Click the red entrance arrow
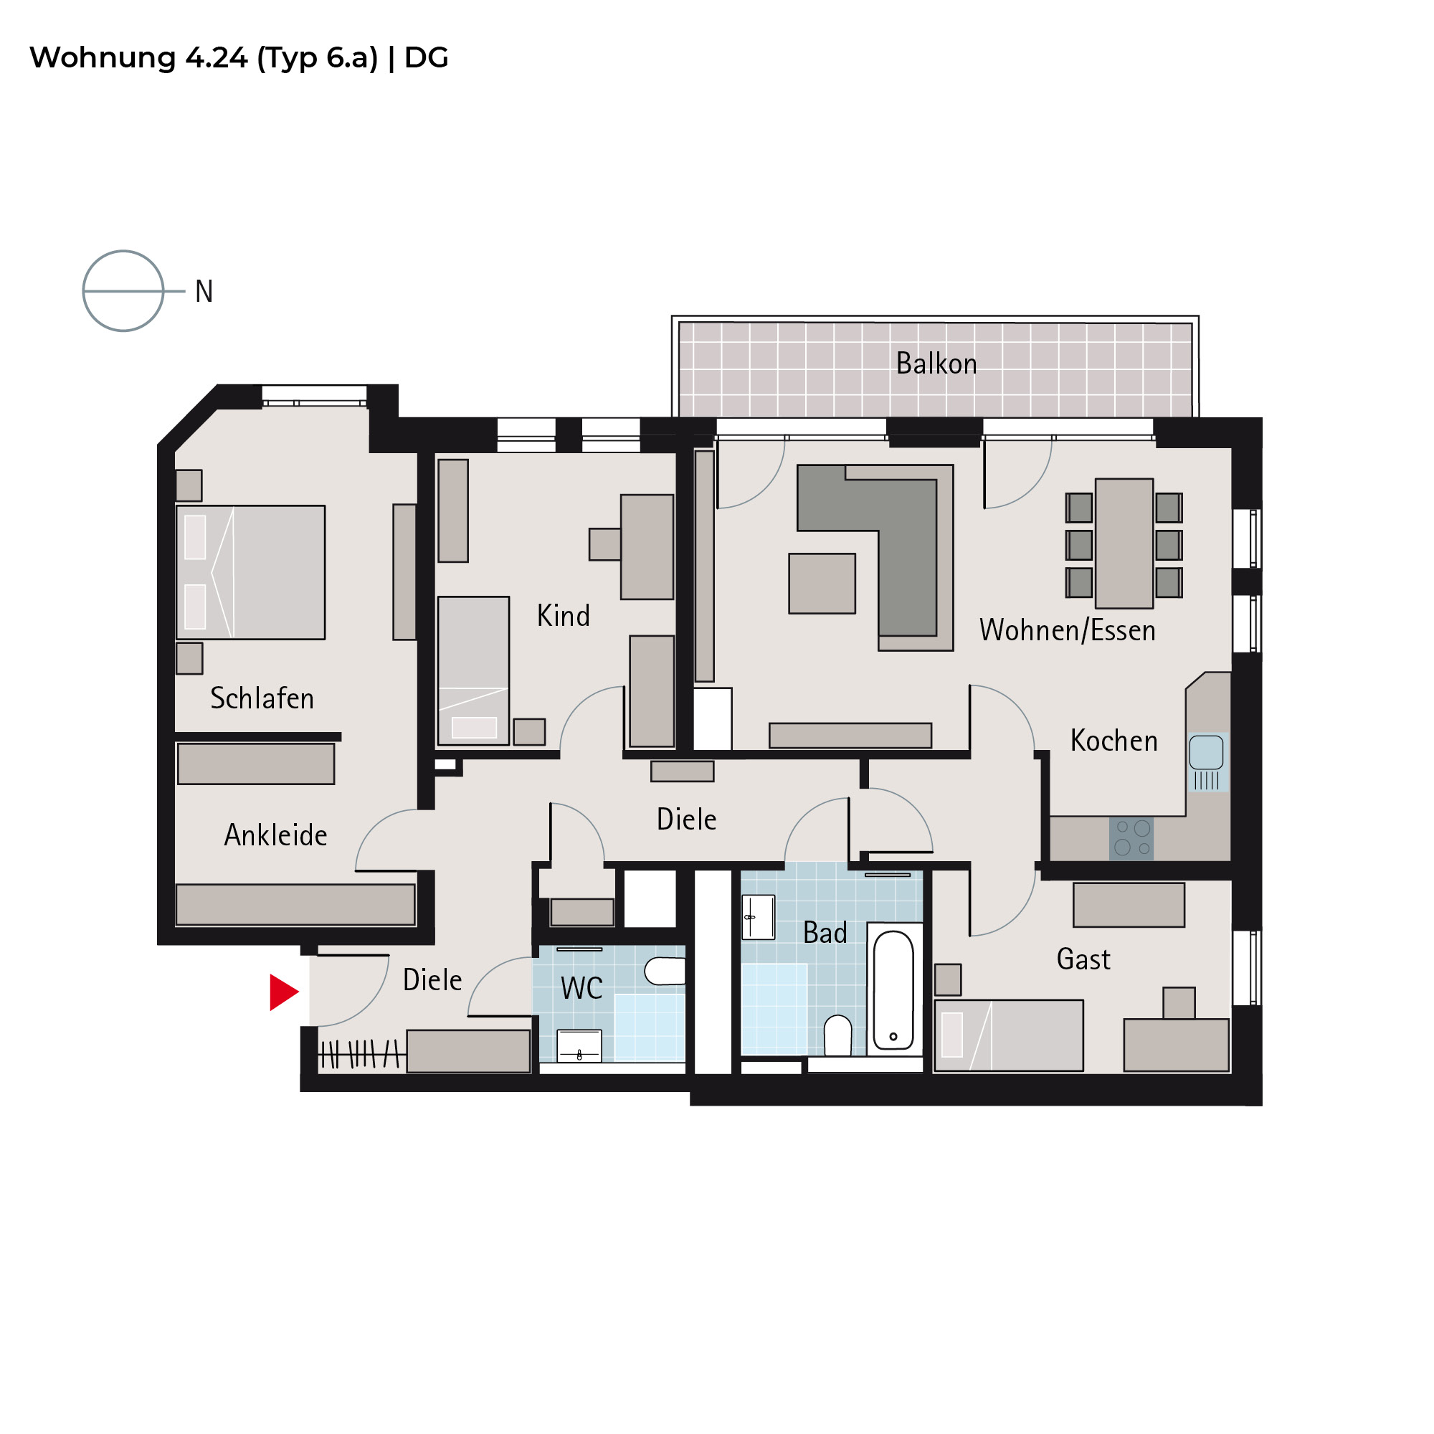coord(282,992)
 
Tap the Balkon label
coord(936,364)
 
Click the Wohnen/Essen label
coord(1068,630)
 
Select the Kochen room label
coord(1114,741)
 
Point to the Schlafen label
coord(262,698)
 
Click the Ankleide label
coord(275,835)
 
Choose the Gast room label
coord(1083,959)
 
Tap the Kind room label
coord(564,616)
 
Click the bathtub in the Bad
coord(893,989)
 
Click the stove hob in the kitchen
coord(1132,839)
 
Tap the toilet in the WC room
coord(665,971)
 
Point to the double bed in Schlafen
coord(250,572)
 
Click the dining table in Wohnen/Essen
coord(1124,543)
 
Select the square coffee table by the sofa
coord(822,584)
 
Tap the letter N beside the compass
coord(204,292)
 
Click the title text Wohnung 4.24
coord(139,58)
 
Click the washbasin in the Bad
coord(759,918)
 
